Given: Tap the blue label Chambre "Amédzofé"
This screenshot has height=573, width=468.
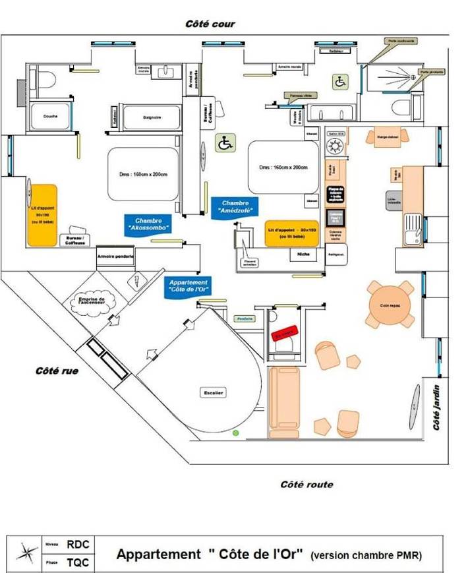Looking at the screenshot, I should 235,208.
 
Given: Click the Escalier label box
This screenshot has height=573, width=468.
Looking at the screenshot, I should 214,393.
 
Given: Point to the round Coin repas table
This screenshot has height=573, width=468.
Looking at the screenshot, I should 391,304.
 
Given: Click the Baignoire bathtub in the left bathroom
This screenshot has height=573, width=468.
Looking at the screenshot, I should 152,117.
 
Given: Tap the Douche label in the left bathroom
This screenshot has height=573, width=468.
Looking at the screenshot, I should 51,117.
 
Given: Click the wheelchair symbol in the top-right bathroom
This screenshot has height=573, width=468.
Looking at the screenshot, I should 340,82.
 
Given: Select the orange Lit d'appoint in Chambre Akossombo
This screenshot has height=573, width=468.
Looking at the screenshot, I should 43,215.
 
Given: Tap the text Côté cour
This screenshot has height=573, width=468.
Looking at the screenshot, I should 210,24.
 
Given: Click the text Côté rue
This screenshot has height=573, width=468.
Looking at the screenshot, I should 57,371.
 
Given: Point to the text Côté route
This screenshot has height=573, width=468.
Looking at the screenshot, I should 307,485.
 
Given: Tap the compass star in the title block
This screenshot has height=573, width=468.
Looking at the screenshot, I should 27,553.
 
